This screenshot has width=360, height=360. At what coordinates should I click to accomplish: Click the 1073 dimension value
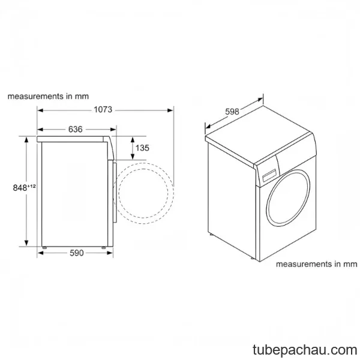coord(103,110)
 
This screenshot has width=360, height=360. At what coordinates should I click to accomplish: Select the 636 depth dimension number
coord(76,129)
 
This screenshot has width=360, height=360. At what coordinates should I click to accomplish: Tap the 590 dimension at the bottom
coord(76,253)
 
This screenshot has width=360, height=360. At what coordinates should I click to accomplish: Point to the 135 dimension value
coord(142,148)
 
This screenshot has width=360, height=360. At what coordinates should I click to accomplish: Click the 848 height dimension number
coord(20,188)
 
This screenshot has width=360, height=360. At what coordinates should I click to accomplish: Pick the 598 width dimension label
coord(232,112)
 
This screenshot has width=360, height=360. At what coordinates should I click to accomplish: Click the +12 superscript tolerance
coord(32,186)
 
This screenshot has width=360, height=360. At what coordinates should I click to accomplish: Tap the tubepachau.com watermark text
coord(305,350)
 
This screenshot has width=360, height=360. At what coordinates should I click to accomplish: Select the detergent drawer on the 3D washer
coord(269,175)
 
